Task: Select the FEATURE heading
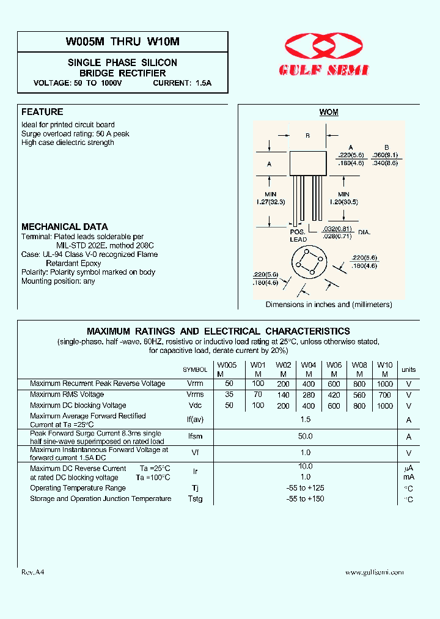(x=42, y=112)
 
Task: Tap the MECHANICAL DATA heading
(x=64, y=226)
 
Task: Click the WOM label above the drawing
(x=329, y=113)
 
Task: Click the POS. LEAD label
(x=298, y=236)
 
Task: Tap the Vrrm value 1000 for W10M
(x=385, y=384)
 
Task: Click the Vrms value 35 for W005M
(x=229, y=395)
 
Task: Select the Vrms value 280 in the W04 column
(x=309, y=395)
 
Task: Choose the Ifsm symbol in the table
(x=195, y=437)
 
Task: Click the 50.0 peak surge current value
(x=306, y=436)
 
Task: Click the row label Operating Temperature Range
(x=78, y=488)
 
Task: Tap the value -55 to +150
(x=306, y=499)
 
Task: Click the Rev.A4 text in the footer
(x=33, y=573)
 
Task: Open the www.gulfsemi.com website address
(x=374, y=573)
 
